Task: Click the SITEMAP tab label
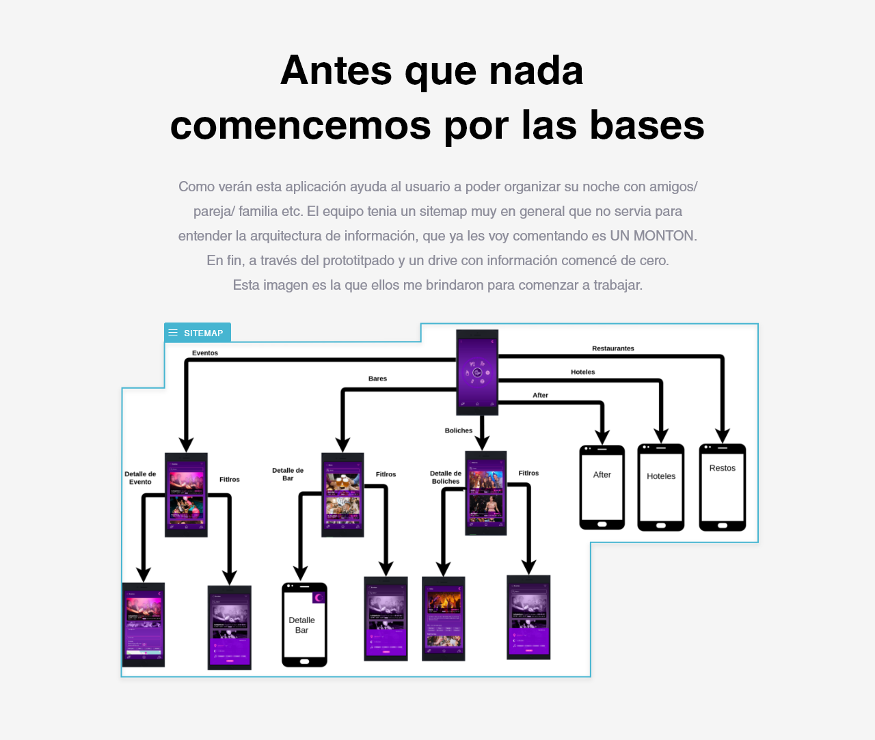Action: click(x=203, y=333)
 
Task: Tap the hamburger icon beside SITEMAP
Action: click(x=173, y=333)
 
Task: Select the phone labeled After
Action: click(x=602, y=487)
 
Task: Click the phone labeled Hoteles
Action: click(x=661, y=487)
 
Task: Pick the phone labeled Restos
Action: click(x=723, y=487)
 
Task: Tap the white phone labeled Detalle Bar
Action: click(x=304, y=625)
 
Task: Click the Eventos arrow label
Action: click(x=205, y=353)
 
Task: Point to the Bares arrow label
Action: click(x=377, y=379)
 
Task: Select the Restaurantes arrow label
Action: click(x=613, y=348)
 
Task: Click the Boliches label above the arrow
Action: click(x=459, y=430)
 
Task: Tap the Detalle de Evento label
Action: click(x=140, y=478)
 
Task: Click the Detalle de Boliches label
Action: click(x=446, y=477)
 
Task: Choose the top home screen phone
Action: click(x=477, y=372)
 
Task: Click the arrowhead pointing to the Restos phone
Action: click(x=723, y=436)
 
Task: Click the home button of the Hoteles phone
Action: click(x=661, y=525)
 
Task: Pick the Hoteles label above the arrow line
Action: click(x=582, y=372)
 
